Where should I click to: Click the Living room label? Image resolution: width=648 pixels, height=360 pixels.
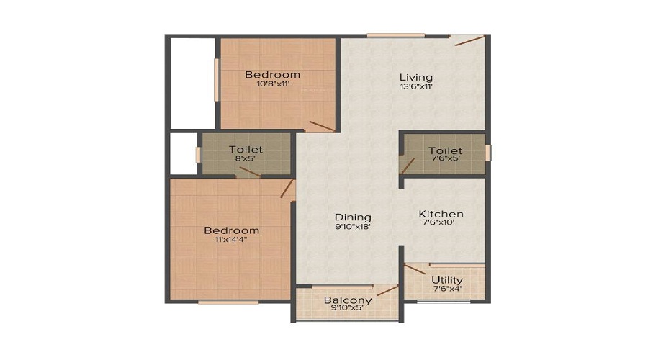point(416,77)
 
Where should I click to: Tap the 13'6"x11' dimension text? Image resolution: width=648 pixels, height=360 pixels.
point(416,87)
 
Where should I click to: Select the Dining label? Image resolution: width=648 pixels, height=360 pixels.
point(353,217)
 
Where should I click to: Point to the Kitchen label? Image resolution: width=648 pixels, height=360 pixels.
point(441,214)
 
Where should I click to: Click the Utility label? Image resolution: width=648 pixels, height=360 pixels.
point(446,280)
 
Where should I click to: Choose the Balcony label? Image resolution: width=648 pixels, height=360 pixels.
point(348,300)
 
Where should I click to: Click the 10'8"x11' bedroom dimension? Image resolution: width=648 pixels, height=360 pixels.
point(272,84)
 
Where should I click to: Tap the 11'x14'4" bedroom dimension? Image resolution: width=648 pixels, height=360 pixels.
point(231,240)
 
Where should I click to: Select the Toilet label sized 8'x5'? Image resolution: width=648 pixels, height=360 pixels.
point(246,149)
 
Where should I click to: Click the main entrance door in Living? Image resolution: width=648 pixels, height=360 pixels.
point(469,40)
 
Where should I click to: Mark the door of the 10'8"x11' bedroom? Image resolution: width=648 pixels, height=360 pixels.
point(322,126)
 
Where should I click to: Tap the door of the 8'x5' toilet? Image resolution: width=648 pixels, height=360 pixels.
point(250,171)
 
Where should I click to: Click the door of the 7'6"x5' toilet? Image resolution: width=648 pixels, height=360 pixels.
point(408,166)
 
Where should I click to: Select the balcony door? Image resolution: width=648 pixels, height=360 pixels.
point(387,290)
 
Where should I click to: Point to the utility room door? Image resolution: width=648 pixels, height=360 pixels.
point(414,270)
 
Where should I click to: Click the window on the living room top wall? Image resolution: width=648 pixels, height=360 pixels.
point(395,35)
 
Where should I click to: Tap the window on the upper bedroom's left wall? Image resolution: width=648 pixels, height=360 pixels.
point(215,79)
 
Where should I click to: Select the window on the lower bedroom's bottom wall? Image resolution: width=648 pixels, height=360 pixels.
point(228,302)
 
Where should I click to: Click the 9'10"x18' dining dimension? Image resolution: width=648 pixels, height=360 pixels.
point(353,227)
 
